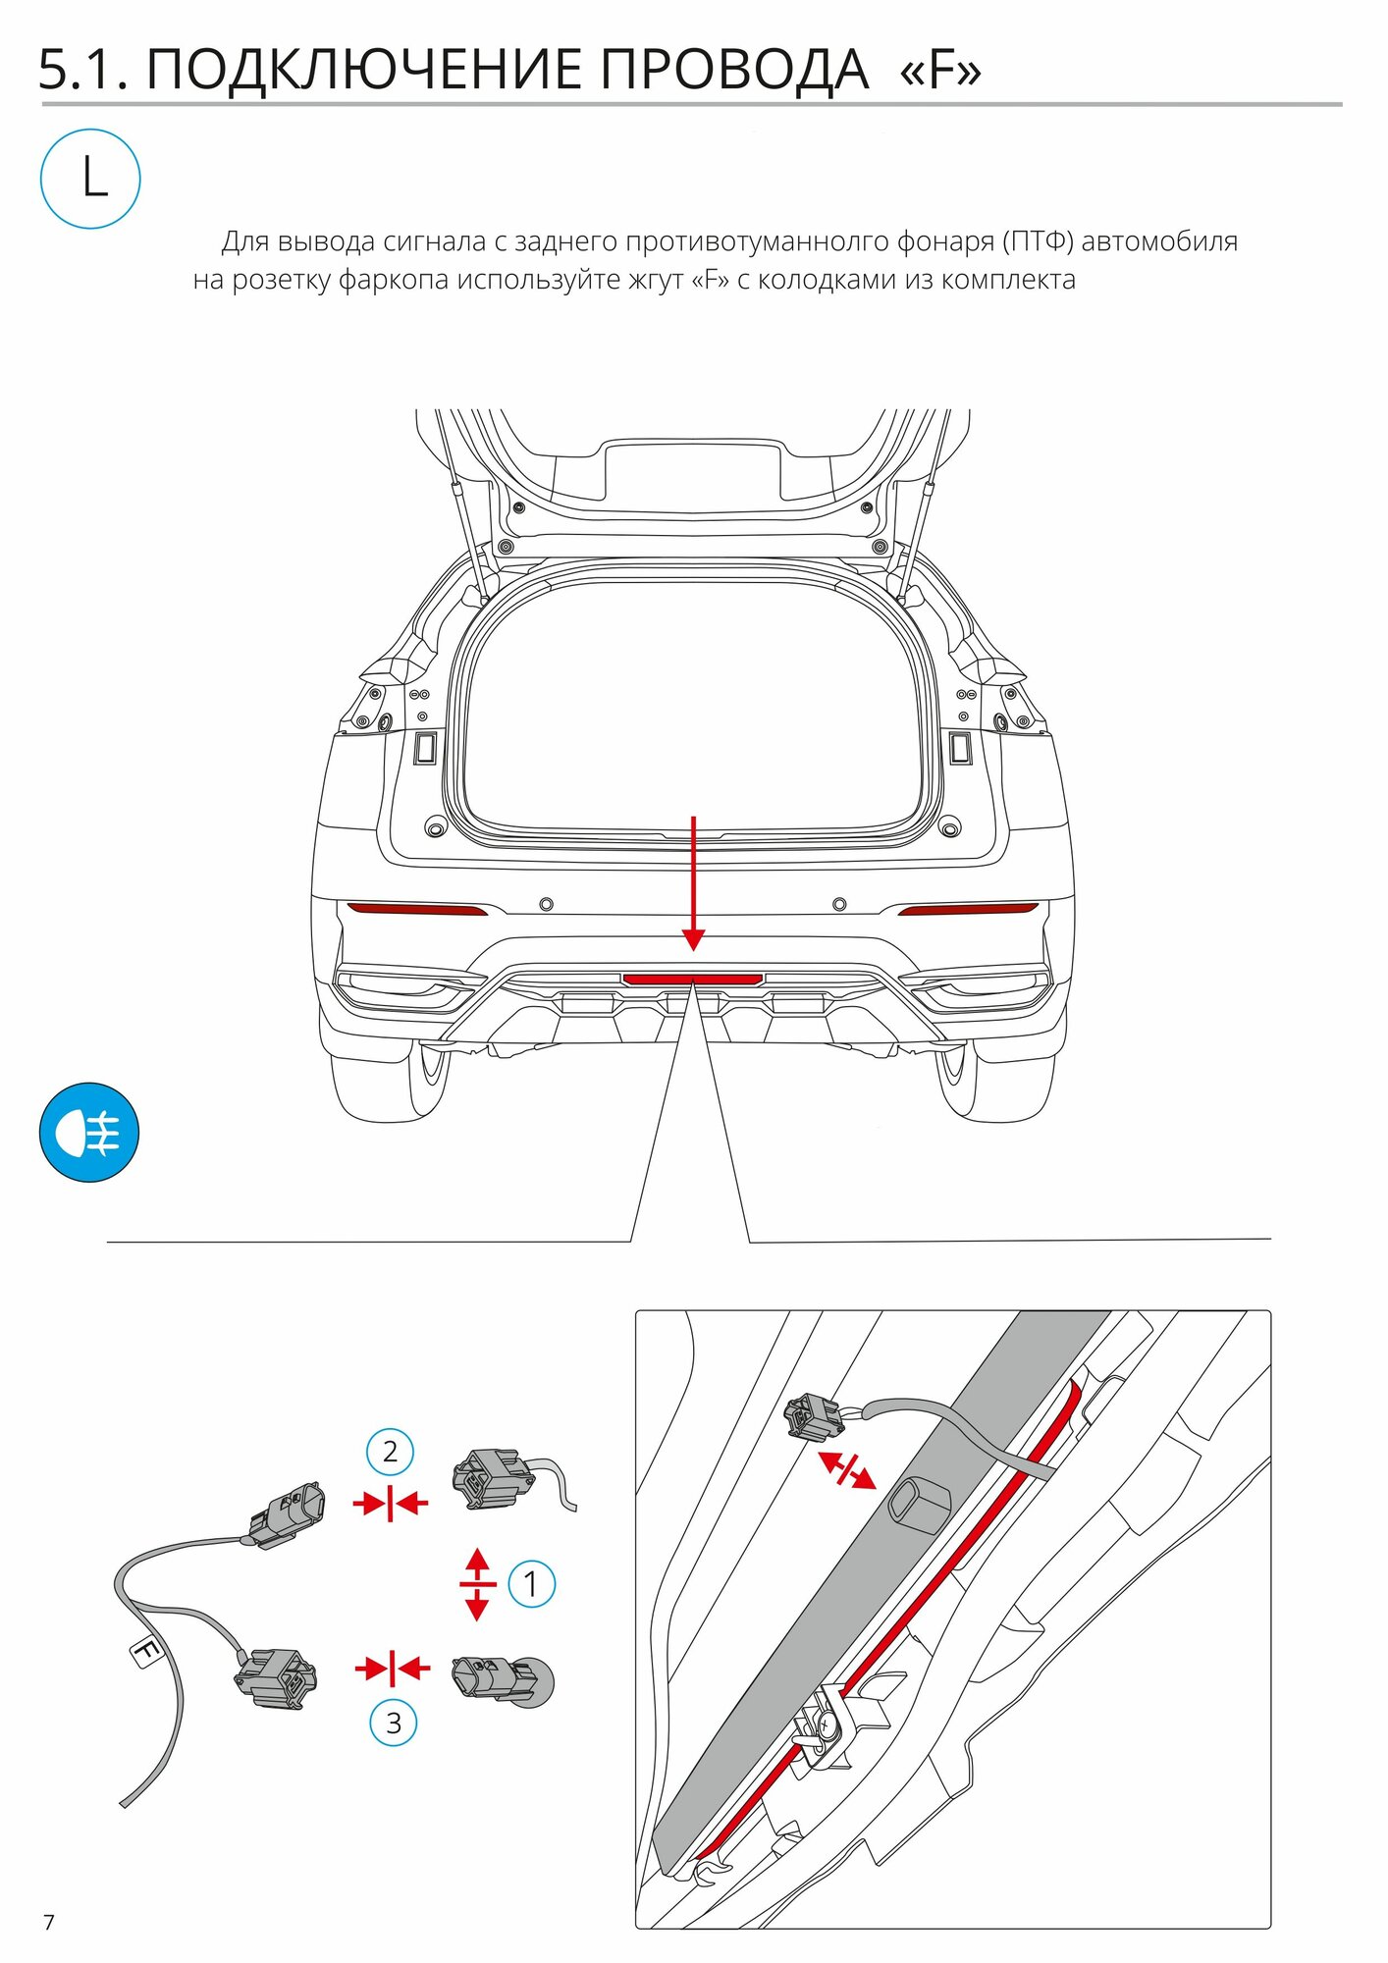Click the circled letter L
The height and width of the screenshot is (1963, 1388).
click(x=90, y=180)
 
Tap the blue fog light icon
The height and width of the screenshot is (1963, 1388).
click(x=89, y=1133)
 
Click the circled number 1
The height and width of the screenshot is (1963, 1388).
click(x=531, y=1584)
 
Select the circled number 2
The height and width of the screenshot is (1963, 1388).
click(x=390, y=1452)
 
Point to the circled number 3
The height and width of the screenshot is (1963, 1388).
click(x=393, y=1723)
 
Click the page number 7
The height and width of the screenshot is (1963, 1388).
click(x=49, y=1922)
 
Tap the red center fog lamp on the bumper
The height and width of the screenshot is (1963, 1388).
click(x=693, y=979)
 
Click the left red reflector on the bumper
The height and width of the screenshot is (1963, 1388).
click(x=416, y=909)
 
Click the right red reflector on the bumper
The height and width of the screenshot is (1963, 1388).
click(x=968, y=909)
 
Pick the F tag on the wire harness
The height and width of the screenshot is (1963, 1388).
click(x=146, y=1652)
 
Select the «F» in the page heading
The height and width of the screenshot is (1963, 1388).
click(x=940, y=71)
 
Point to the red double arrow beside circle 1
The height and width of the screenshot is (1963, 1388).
click(x=477, y=1584)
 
